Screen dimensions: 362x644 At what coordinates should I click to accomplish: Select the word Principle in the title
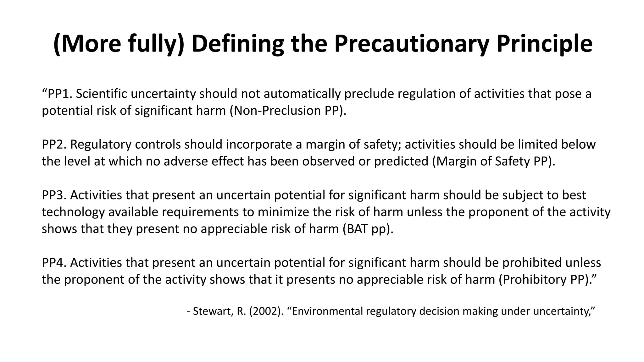[x=544, y=44]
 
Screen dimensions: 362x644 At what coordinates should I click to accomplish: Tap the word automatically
[x=302, y=94]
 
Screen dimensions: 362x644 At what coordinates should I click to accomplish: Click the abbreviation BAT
[x=357, y=229]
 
